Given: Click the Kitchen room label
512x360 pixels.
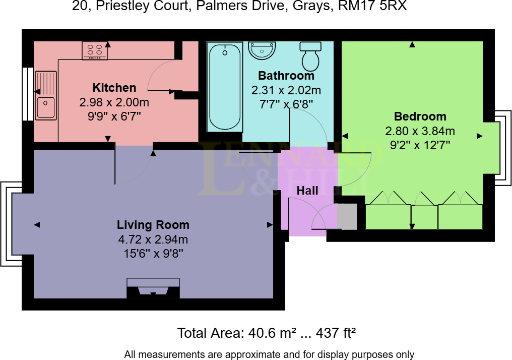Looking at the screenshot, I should [x=114, y=88].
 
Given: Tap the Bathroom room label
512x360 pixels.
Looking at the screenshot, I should [x=286, y=76].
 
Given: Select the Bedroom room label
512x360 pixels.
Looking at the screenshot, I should [x=420, y=116].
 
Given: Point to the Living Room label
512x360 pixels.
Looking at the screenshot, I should [x=153, y=225].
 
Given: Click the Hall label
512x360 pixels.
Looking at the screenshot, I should [x=307, y=191].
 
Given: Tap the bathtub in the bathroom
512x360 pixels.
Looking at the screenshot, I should [x=225, y=87].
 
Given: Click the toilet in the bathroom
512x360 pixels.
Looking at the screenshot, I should [x=310, y=56].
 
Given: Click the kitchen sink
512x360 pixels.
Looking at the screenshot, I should [x=46, y=96].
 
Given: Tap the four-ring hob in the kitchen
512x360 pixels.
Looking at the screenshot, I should [x=94, y=50].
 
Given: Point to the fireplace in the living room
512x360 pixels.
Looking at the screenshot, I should [x=153, y=288].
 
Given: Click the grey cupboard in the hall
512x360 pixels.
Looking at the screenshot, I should [x=347, y=216].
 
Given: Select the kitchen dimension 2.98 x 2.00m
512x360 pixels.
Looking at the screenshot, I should [x=114, y=102].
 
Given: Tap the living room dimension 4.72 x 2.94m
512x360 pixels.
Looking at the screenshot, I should [x=153, y=239].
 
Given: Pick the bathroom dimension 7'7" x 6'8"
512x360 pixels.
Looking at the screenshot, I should [x=286, y=104].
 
